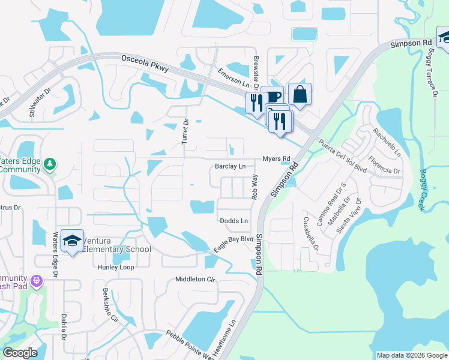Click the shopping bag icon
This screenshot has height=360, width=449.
300,94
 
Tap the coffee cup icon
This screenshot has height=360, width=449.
273,97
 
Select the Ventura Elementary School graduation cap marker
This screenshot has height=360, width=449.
73,241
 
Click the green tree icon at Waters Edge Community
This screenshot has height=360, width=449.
50,163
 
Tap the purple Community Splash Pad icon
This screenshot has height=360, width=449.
37,280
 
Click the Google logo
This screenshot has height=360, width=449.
20,353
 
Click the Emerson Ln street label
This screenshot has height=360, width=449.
233,78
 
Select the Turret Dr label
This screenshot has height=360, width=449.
185,131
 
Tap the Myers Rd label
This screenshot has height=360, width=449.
276,159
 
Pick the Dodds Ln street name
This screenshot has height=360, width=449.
234,221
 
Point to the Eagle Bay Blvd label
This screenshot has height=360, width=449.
234,244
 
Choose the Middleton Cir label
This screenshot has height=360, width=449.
194,280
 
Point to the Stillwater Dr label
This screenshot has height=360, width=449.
41,102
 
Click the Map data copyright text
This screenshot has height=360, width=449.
411,355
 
